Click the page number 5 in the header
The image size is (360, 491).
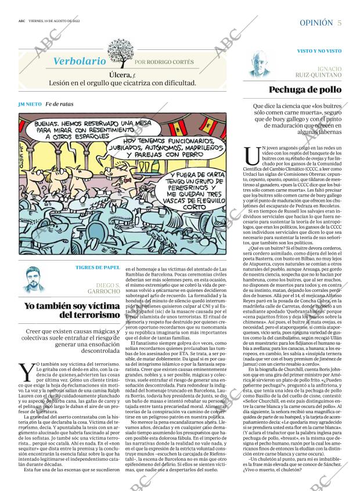[339, 23]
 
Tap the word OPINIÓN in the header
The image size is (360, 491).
[316, 23]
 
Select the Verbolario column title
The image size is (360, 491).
[80, 60]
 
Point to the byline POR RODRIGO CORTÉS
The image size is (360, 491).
[164, 62]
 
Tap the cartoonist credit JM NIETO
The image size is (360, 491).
[30, 104]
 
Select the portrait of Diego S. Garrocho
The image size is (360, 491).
[34, 280]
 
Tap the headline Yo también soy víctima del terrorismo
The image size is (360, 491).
[71, 310]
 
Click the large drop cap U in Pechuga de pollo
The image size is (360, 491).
[253, 156]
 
